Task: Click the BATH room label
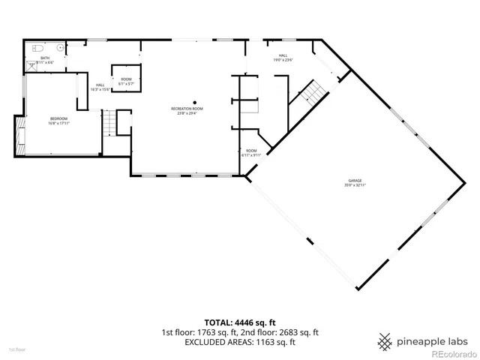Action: [x=44, y=58]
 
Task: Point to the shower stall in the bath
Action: [x=32, y=65]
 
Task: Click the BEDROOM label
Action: [x=58, y=118]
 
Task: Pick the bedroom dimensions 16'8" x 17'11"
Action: [x=58, y=123]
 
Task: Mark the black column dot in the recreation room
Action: [x=195, y=102]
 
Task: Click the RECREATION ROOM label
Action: [x=187, y=109]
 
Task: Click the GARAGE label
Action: [x=355, y=181]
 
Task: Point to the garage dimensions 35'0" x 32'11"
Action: [x=355, y=185]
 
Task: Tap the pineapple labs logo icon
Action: [x=385, y=340]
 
